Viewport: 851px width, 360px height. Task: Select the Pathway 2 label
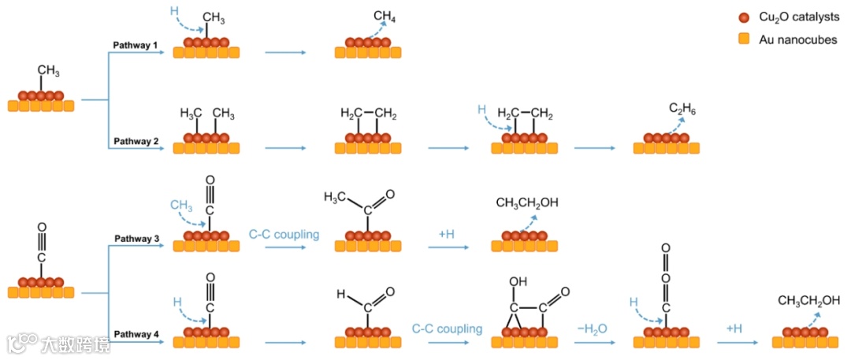(x=136, y=141)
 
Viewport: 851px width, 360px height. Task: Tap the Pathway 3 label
(x=136, y=238)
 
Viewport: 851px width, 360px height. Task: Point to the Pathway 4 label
(x=136, y=335)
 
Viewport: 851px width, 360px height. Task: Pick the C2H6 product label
(x=682, y=109)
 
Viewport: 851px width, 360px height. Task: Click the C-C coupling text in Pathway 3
(x=284, y=234)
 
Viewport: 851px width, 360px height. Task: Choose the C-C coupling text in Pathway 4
(x=447, y=328)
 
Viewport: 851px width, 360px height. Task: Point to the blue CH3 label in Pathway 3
(x=181, y=206)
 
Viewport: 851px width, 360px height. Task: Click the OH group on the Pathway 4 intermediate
(x=518, y=281)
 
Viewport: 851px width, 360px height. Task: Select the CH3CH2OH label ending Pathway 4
(x=809, y=300)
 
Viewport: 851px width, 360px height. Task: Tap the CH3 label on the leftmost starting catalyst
(x=48, y=71)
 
